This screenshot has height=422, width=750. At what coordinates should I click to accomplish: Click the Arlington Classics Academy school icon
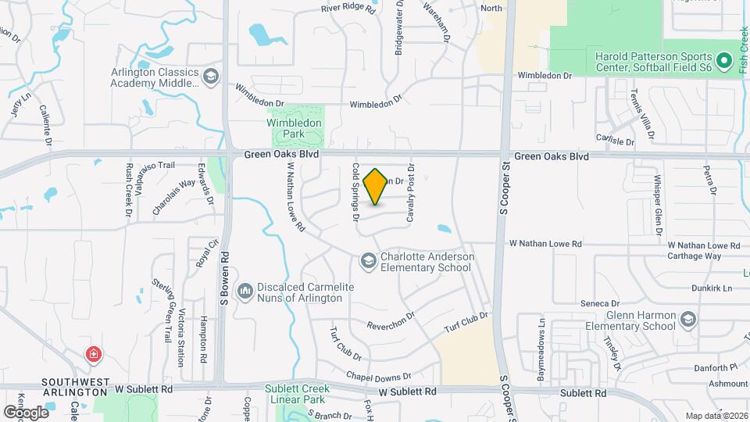click(209, 76)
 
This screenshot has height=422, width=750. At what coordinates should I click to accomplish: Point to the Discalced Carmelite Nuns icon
click(245, 291)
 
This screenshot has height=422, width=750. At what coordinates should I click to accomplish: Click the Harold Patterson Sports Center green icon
click(723, 59)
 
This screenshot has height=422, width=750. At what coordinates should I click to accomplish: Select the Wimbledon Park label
click(295, 129)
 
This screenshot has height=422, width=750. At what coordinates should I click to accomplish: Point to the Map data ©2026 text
click(716, 416)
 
